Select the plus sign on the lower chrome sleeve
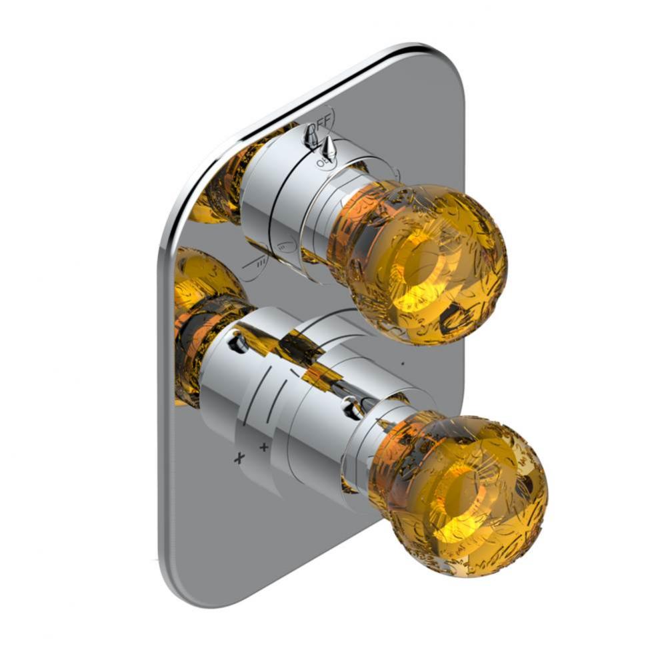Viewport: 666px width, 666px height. click(264, 446)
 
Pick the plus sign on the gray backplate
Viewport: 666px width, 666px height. click(239, 458)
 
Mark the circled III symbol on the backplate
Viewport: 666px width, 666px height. click(255, 264)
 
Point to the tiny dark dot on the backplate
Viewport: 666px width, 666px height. click(402, 364)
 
